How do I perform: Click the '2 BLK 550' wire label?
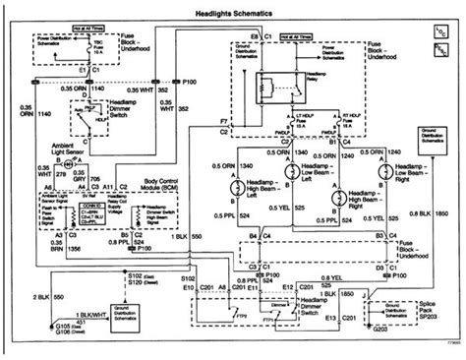[21, 295]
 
